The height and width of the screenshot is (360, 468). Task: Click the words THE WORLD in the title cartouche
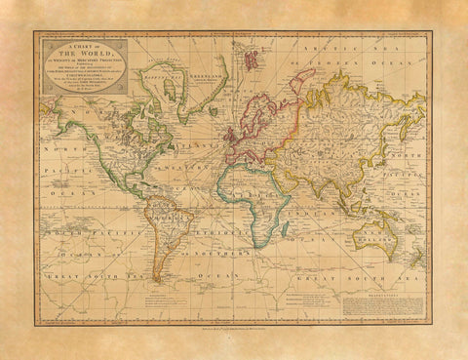81,53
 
